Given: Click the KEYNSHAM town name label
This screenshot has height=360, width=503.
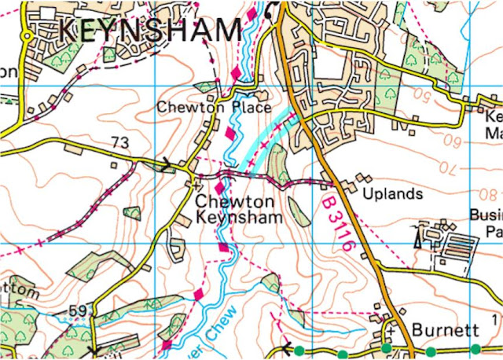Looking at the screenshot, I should pos(150,31).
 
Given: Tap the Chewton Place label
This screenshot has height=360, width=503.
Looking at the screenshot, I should pos(214,106).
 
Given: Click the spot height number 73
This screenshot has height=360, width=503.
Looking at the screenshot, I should pos(119,142).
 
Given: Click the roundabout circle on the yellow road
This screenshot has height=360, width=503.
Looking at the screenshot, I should pos(26,36).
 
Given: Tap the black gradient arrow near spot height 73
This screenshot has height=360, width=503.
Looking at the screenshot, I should pos(166,165).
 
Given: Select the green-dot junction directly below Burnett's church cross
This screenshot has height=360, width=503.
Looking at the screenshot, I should pos(386,348).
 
